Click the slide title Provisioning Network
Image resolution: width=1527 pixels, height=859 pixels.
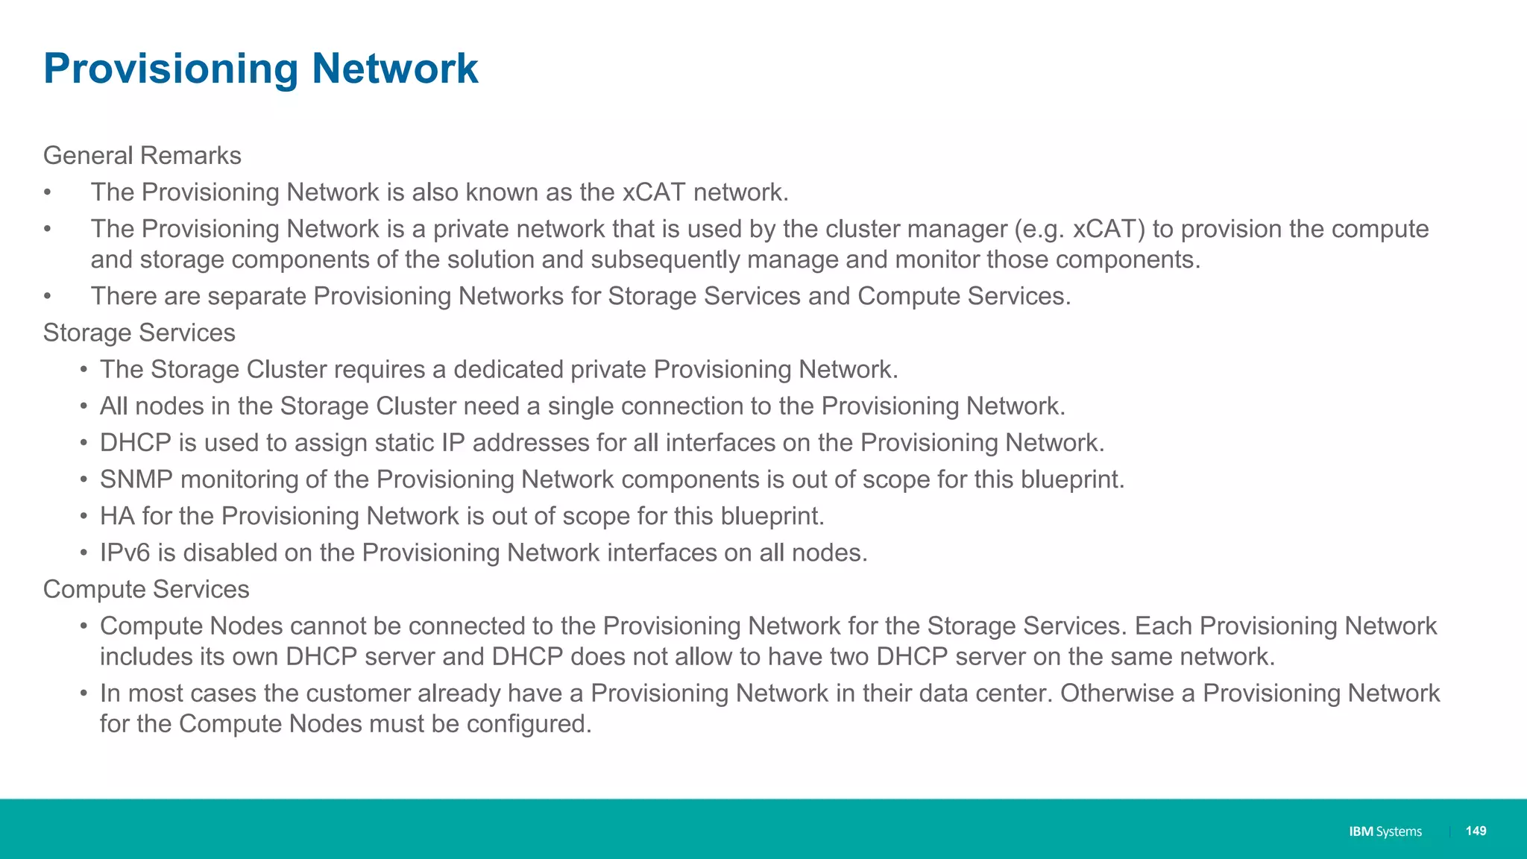(261, 69)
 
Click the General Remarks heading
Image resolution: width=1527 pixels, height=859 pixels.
(142, 155)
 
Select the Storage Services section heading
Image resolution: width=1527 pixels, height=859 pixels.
(139, 333)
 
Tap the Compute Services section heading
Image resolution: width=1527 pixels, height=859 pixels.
(146, 589)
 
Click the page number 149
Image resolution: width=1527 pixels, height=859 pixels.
(1476, 831)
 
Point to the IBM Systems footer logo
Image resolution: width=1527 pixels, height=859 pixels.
(1385, 831)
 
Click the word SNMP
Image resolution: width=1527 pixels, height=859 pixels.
(136, 479)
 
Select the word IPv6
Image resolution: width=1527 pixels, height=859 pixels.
(125, 553)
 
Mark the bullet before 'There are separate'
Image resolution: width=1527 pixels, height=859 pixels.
(47, 297)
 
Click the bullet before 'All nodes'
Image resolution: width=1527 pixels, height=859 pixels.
(84, 406)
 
